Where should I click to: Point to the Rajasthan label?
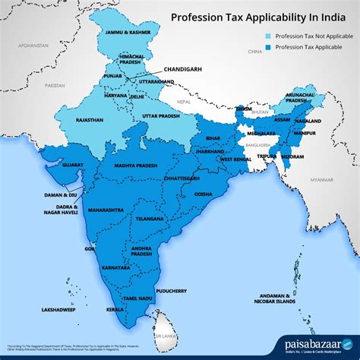click(90, 121)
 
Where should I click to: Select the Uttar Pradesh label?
click(162, 116)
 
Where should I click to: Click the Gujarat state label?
click(73, 164)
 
